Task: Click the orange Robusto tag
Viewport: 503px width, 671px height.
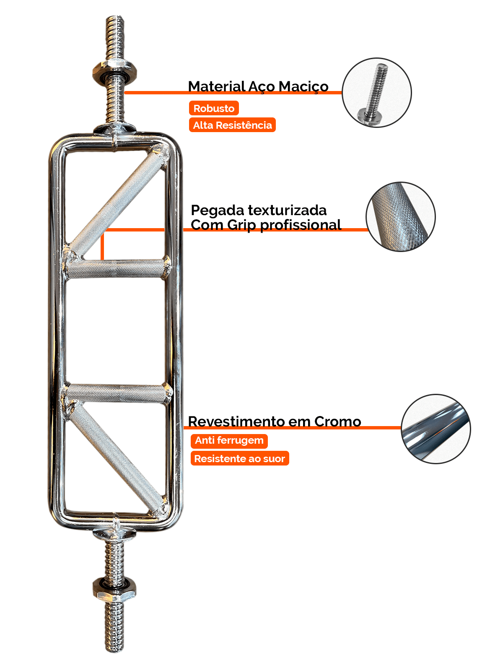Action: point(214,108)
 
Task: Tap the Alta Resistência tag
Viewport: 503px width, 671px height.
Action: point(232,125)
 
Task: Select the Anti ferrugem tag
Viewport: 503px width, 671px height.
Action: point(229,440)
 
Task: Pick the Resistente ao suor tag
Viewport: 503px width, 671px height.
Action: point(239,458)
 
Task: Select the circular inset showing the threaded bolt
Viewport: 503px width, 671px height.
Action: point(376,93)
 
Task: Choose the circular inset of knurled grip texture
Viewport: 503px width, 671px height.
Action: point(400,216)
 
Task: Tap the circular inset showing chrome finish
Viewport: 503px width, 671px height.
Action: point(436,429)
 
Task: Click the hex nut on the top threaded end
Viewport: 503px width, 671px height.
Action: point(115,71)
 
